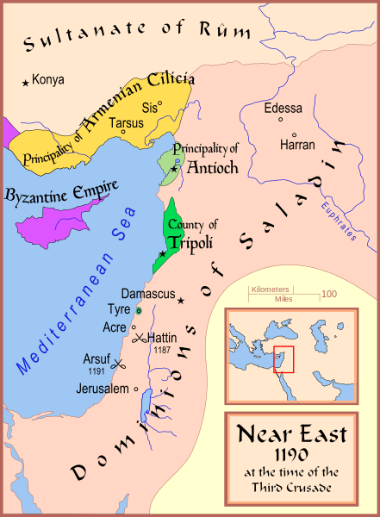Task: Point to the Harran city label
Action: click(x=298, y=146)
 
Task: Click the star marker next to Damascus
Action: click(x=181, y=301)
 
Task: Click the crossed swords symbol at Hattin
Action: click(x=140, y=337)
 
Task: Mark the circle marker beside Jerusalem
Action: click(x=136, y=389)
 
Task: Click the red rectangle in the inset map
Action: click(x=283, y=359)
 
